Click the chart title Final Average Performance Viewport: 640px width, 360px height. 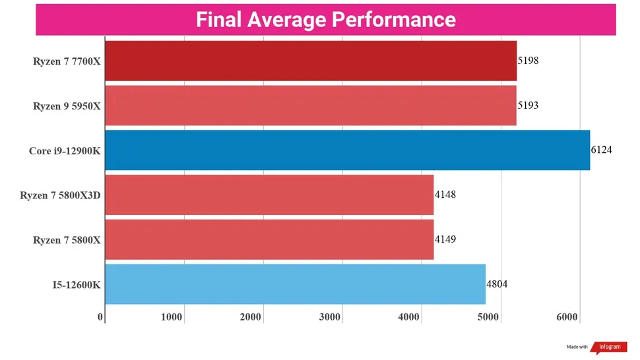[x=325, y=20]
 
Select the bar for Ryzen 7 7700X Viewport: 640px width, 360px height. [x=310, y=61]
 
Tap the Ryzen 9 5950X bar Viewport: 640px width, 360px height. [x=310, y=105]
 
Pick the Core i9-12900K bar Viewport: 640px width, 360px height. [x=347, y=150]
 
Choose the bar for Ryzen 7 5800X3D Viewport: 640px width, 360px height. [x=269, y=195]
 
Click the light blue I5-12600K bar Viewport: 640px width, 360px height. [x=295, y=284]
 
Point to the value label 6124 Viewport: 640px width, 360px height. [x=602, y=150]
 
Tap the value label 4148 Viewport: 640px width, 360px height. [x=445, y=195]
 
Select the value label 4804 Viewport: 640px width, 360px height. [x=497, y=284]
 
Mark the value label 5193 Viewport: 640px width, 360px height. [x=528, y=105]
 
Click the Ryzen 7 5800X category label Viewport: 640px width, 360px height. [x=67, y=240]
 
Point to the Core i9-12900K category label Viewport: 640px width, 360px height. [x=65, y=151]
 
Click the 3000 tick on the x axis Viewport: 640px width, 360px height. [x=330, y=317]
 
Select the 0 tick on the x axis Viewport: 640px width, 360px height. [x=101, y=317]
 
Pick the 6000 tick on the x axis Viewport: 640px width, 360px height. [x=567, y=317]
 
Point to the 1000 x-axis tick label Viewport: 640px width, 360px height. [x=172, y=317]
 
